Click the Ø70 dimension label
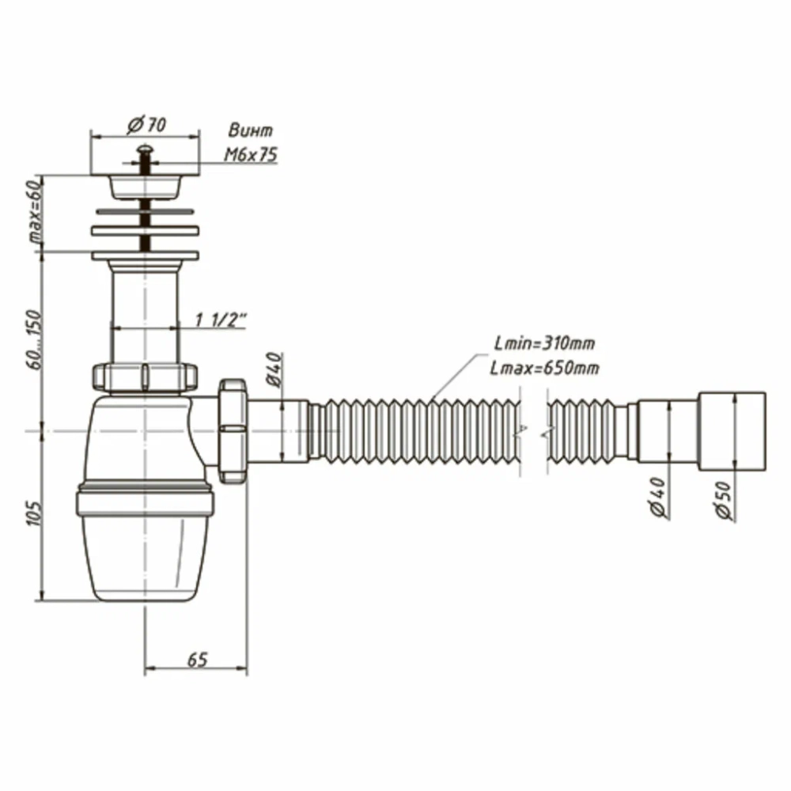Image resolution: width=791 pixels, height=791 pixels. [146, 124]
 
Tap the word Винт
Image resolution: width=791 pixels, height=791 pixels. [251, 131]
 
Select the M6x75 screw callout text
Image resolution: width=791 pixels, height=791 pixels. [251, 154]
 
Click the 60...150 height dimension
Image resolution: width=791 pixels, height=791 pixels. [36, 339]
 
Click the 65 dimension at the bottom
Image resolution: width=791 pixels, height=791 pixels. [197, 660]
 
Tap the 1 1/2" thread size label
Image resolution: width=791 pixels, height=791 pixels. [221, 320]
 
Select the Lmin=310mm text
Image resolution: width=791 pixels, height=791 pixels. [545, 343]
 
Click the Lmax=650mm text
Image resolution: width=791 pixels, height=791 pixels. [545, 369]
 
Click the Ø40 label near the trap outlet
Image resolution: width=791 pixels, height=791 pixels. [274, 369]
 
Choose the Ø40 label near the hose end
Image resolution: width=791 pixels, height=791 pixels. [658, 497]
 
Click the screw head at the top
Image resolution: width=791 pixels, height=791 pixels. [146, 149]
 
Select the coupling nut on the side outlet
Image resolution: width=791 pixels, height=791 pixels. [233, 430]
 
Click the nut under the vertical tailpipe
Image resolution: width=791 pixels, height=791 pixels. [145, 377]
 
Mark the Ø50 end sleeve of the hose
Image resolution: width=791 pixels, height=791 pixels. [732, 431]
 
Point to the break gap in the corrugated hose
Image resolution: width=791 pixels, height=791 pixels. [532, 431]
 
